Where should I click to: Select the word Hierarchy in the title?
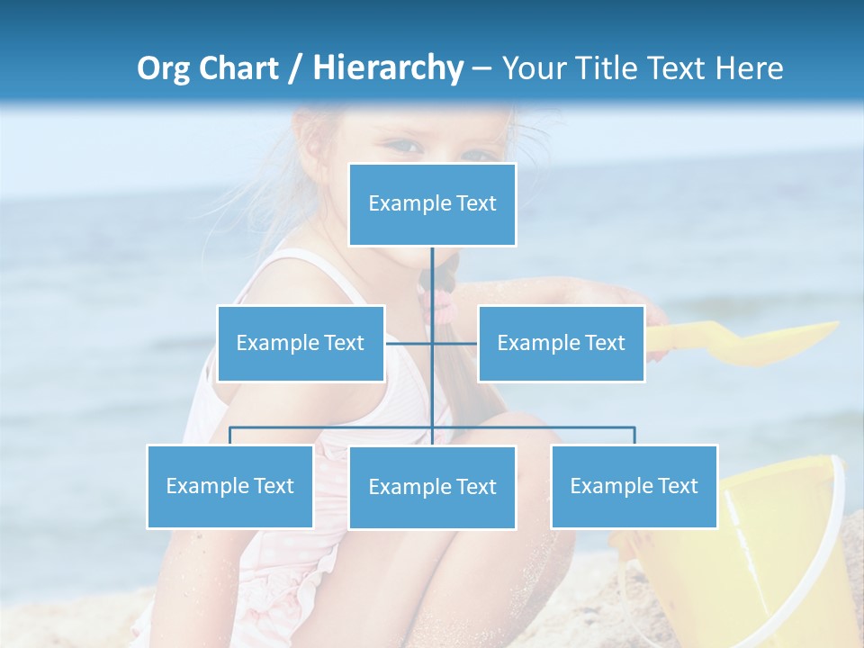pyautogui.click(x=388, y=68)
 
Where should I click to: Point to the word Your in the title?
pyautogui.click(x=534, y=68)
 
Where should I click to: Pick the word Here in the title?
pyautogui.click(x=749, y=68)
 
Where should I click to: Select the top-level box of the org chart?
pyautogui.click(x=432, y=204)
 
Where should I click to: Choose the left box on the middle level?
pyautogui.click(x=301, y=343)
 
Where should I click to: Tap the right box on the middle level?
pyautogui.click(x=561, y=343)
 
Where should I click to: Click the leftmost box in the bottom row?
pyautogui.click(x=229, y=486)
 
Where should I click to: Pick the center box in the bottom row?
pyautogui.click(x=432, y=487)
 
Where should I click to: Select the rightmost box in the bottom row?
pyautogui.click(x=634, y=486)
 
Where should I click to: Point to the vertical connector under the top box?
pyautogui.click(x=432, y=279)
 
